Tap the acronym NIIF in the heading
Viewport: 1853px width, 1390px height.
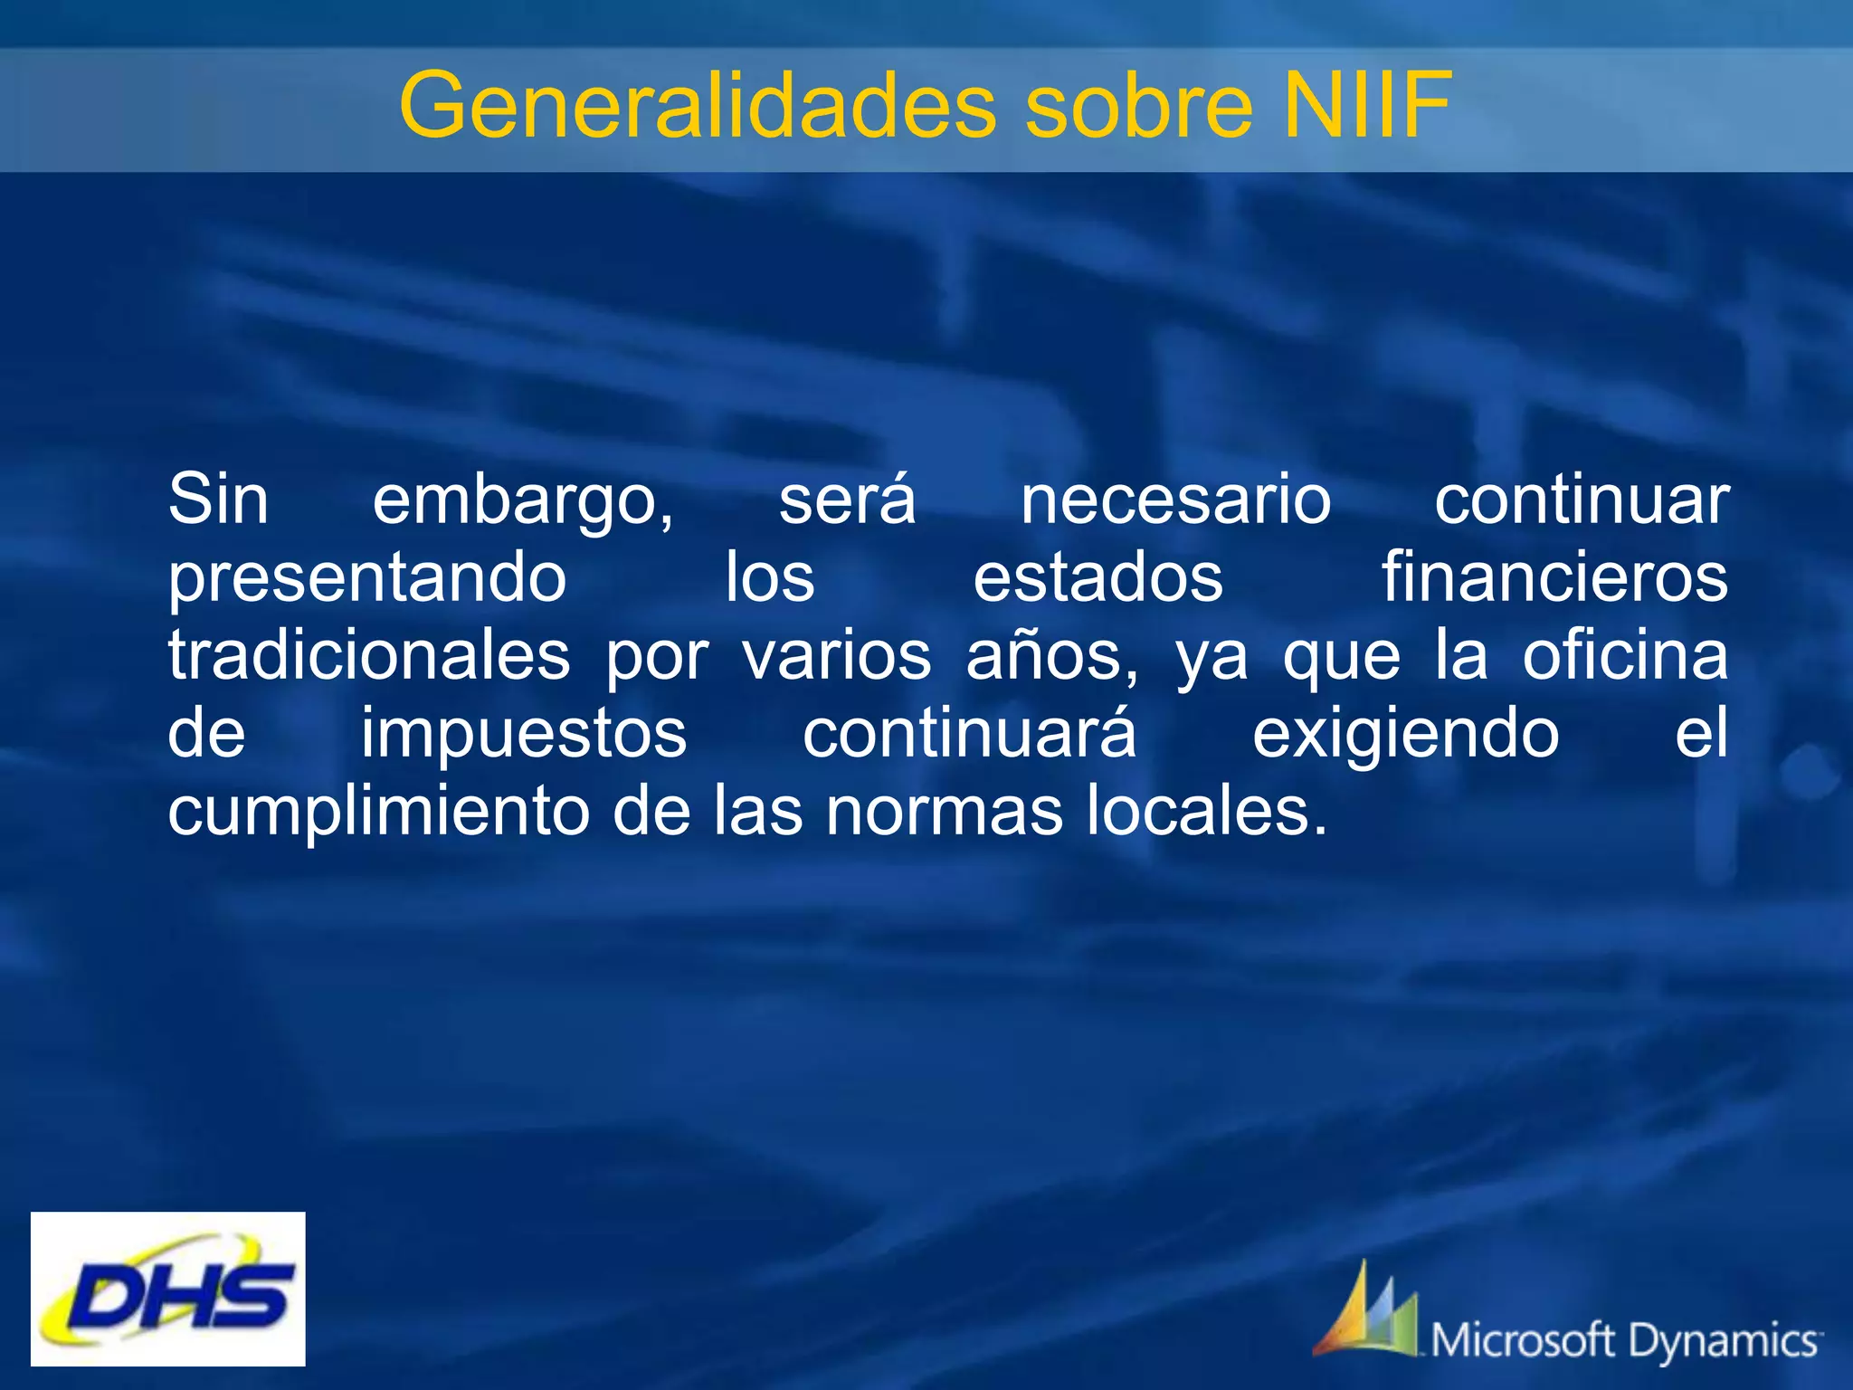[1367, 106]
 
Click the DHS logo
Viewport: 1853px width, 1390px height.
[168, 1289]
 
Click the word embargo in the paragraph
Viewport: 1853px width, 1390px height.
[523, 500]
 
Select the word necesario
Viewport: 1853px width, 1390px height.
[1175, 500]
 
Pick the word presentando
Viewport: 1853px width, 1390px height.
[367, 578]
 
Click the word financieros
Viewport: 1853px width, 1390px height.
[1554, 577]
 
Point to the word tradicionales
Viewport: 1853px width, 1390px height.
[369, 655]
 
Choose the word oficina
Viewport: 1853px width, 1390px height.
[1625, 655]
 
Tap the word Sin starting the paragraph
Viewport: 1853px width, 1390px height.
[218, 500]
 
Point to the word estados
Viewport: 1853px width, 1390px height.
[1098, 578]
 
